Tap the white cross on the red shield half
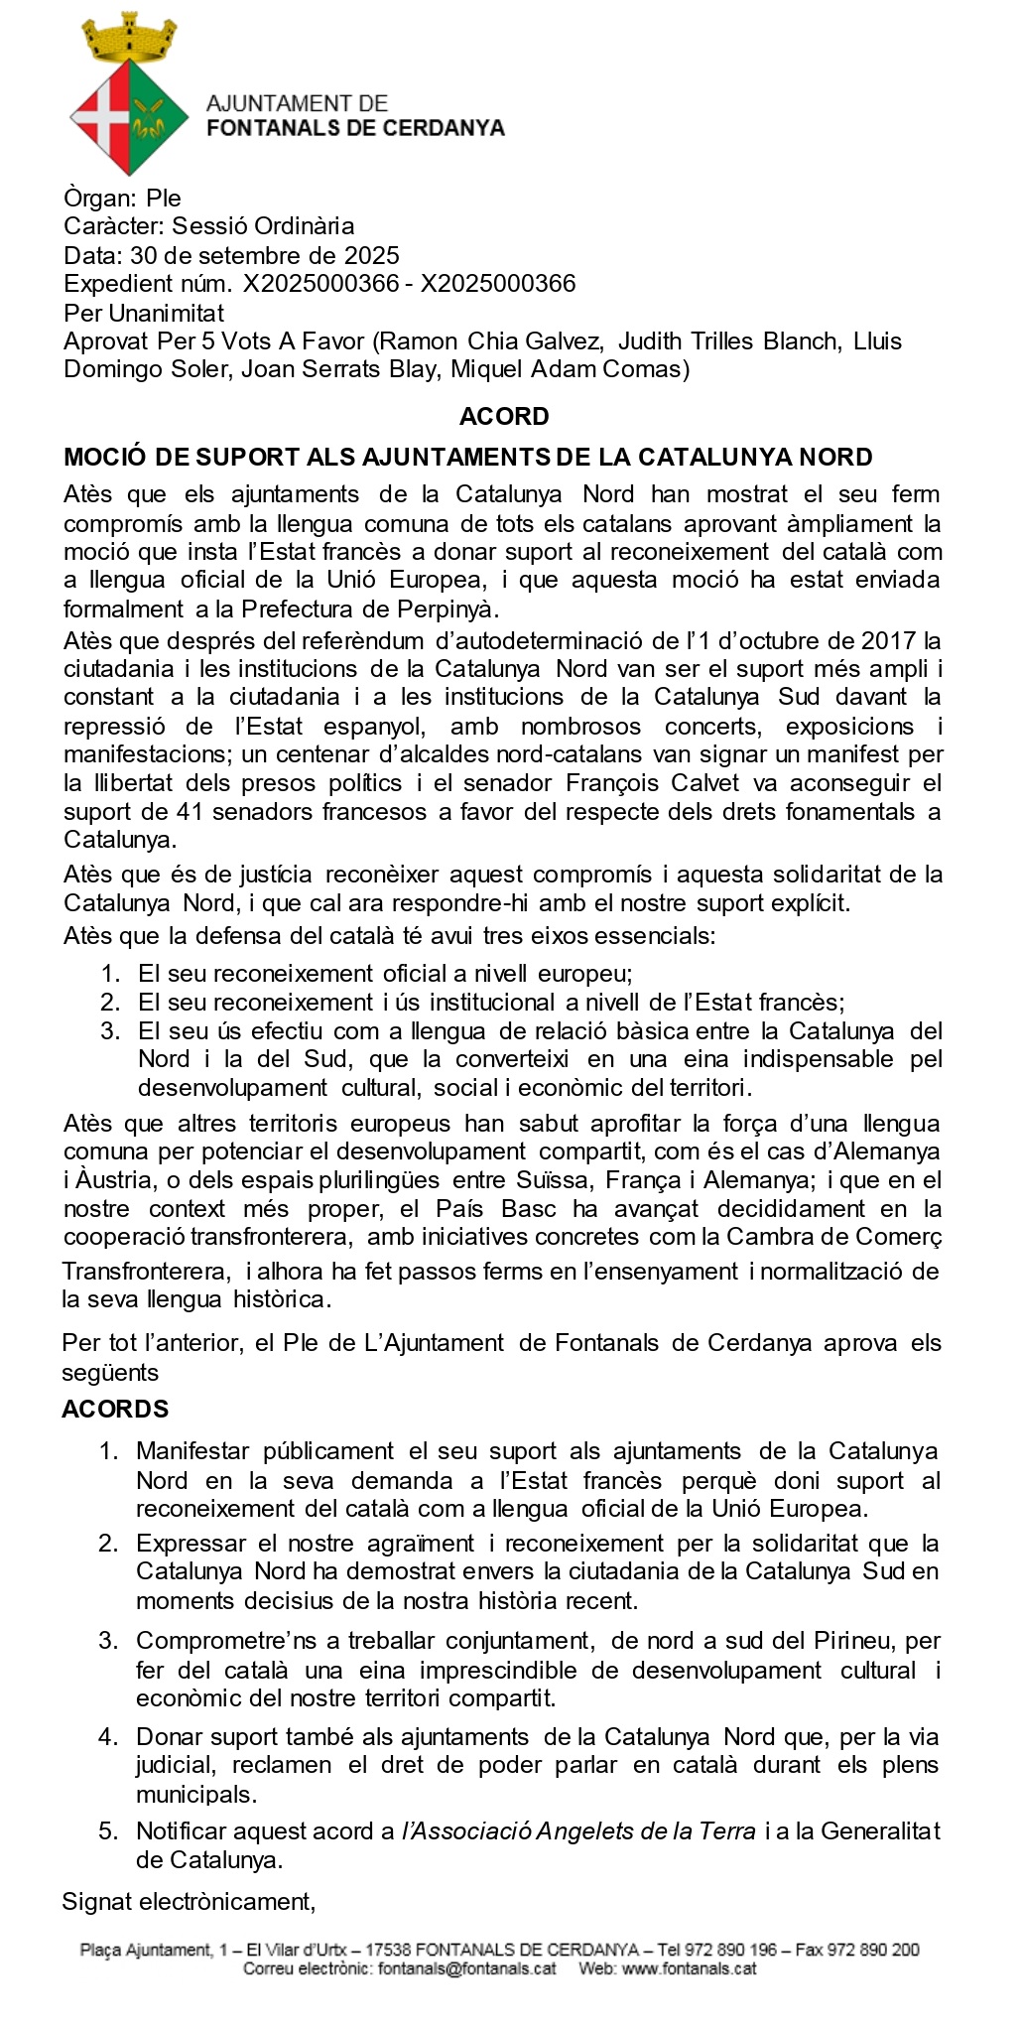[x=103, y=117]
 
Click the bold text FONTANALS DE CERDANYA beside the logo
[x=355, y=128]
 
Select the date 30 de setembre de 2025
[x=265, y=255]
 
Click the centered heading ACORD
[x=504, y=416]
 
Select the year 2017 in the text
[x=888, y=640]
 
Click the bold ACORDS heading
[x=115, y=1409]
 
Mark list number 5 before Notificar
[x=109, y=1830]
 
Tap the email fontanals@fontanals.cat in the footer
[x=466, y=1968]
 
